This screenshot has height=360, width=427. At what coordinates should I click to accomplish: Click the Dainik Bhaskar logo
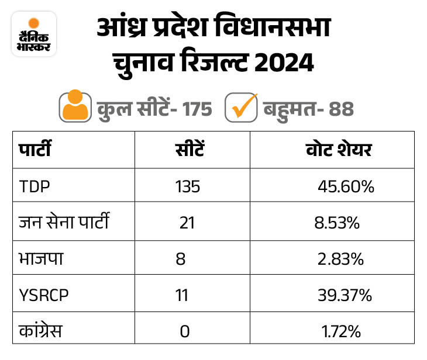click(34, 34)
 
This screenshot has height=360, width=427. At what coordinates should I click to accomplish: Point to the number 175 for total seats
click(192, 109)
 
